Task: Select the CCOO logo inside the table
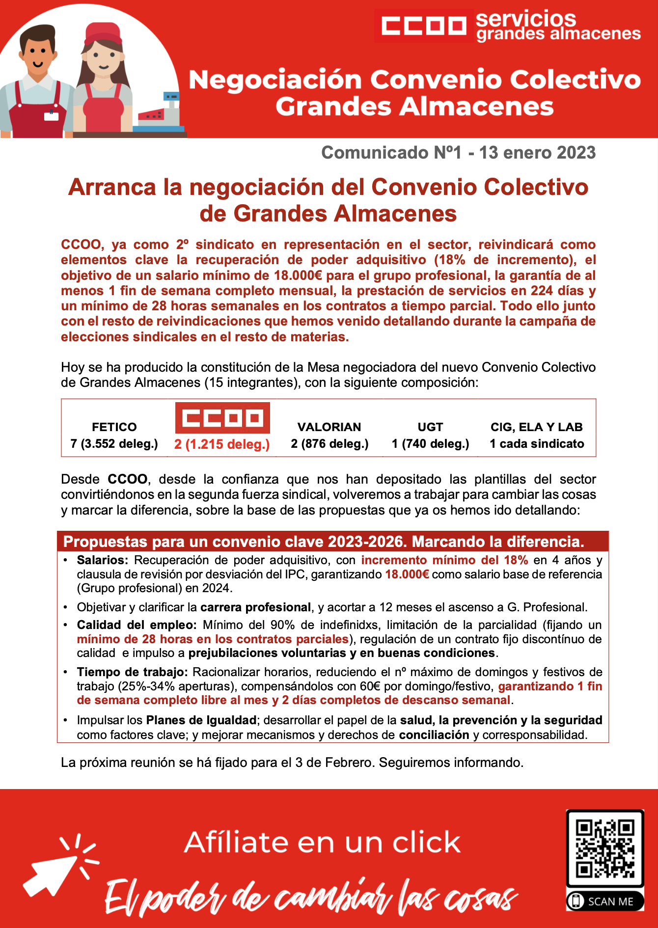point(222,418)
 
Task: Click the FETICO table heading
point(114,427)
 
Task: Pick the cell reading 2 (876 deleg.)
point(329,444)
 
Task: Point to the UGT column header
point(430,427)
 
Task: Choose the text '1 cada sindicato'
point(537,444)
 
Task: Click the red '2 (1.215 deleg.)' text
point(222,444)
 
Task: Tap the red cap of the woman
point(103,34)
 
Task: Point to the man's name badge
point(51,116)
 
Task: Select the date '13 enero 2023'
point(537,153)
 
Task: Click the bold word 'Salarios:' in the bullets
point(102,560)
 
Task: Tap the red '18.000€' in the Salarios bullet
point(407,574)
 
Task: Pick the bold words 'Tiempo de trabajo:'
point(132,672)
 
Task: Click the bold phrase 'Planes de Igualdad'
point(201,720)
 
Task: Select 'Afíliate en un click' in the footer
point(322,843)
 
